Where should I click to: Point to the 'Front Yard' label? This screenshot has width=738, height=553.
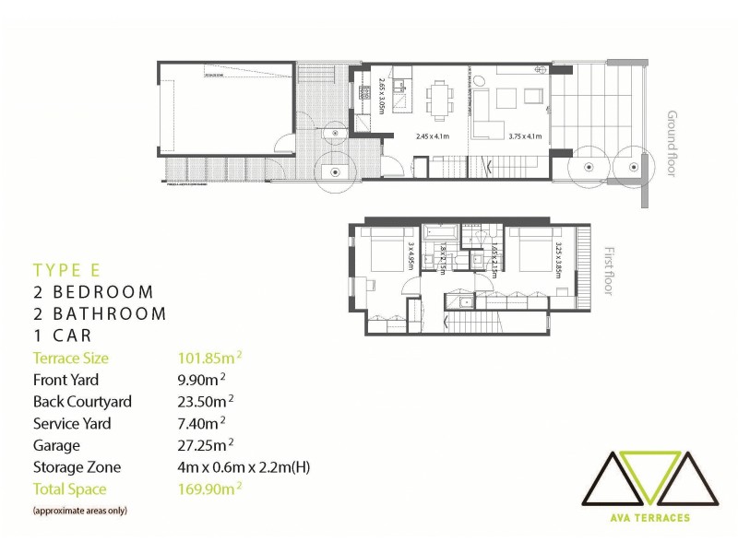[65, 380]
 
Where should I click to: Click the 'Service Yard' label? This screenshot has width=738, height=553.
[72, 424]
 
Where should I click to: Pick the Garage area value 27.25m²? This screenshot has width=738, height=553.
[203, 445]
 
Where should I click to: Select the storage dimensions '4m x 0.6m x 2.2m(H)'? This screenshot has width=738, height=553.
[244, 467]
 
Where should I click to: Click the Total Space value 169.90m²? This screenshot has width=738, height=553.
[210, 489]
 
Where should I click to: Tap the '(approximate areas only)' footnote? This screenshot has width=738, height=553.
[80, 510]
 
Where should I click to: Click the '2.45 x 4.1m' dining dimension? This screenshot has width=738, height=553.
[432, 136]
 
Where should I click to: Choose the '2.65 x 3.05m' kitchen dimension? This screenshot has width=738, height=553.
[381, 95]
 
